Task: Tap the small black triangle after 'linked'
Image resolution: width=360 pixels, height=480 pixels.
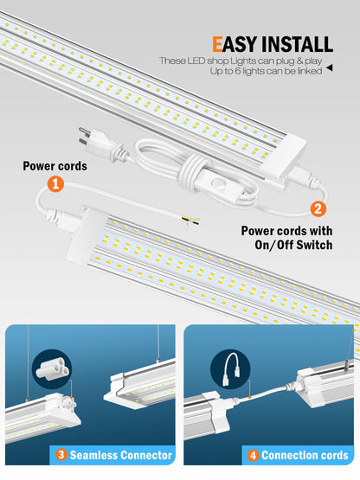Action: (330, 73)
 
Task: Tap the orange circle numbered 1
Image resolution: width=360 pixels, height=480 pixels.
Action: (55, 183)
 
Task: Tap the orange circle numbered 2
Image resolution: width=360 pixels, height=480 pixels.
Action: (318, 208)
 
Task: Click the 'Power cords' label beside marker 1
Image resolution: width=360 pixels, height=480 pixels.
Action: (55, 165)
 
